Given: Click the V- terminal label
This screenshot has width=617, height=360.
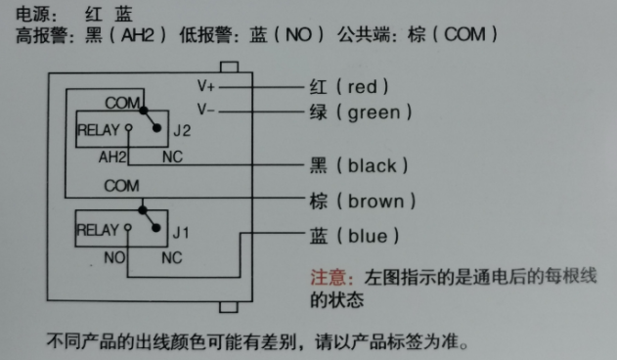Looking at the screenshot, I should (x=206, y=108).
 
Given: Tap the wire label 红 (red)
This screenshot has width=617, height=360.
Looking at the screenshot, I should (x=348, y=86).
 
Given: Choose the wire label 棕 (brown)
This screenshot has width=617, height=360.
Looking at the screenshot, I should (x=363, y=202).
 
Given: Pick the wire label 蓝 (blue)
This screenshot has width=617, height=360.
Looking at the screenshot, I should (x=354, y=236).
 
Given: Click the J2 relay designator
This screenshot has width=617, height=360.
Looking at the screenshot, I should (x=181, y=130).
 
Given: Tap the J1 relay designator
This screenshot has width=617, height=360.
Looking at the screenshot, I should (x=181, y=233).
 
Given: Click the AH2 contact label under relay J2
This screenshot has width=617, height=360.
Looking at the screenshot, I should (x=113, y=157).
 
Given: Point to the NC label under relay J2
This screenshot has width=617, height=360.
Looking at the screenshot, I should (x=171, y=157).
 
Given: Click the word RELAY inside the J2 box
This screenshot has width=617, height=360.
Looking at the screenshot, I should (x=96, y=129).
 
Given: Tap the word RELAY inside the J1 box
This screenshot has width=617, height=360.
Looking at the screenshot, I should (x=96, y=231).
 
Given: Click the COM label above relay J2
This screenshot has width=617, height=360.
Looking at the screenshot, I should (x=122, y=103).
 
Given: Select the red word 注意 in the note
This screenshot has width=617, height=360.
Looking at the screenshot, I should (x=325, y=278).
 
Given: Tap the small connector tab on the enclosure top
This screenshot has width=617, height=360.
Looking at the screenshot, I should (x=230, y=67).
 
